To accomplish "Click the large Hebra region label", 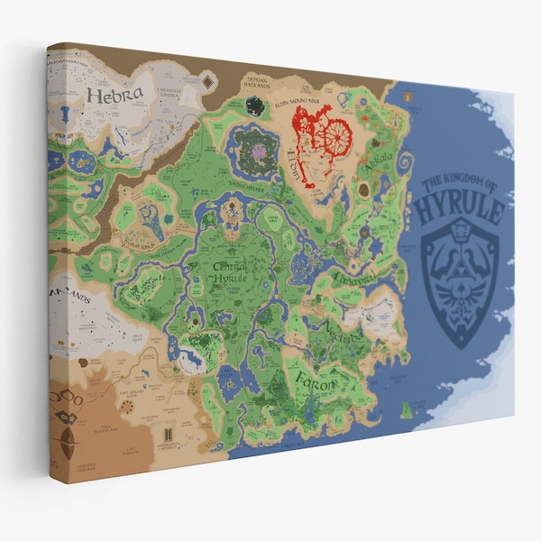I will click(x=115, y=94).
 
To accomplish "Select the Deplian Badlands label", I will click(x=259, y=85).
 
